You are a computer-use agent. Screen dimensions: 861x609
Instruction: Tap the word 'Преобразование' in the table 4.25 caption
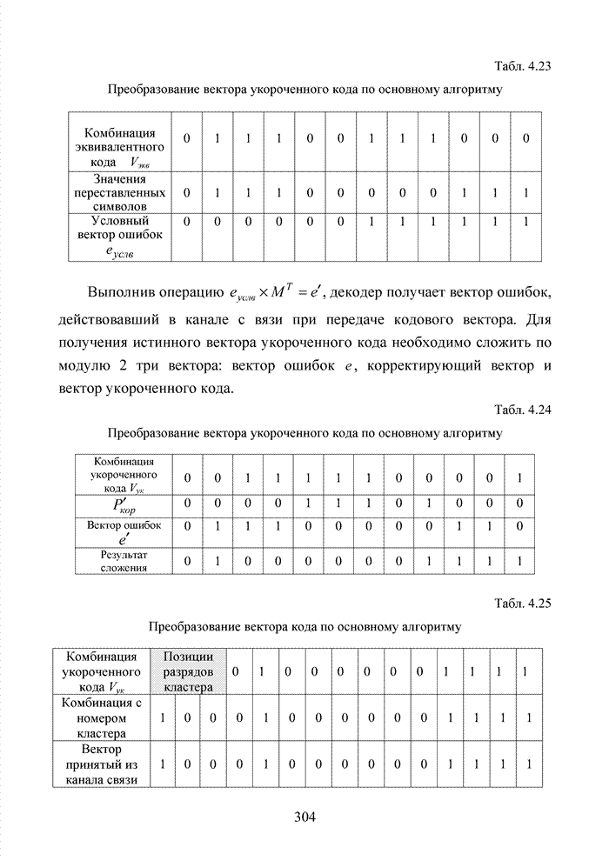(x=194, y=626)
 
